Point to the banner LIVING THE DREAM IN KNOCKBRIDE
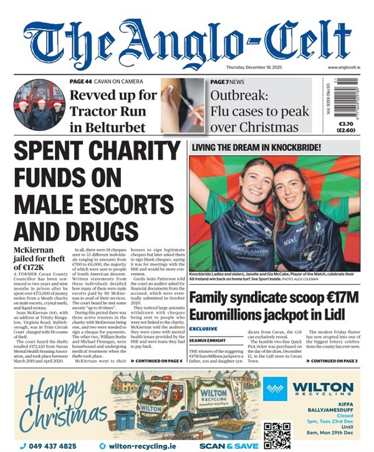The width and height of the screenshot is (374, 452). tap(256, 148)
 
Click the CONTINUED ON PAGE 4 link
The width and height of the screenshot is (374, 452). tap(158, 360)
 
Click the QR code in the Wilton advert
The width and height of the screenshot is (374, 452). tap(274, 431)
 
